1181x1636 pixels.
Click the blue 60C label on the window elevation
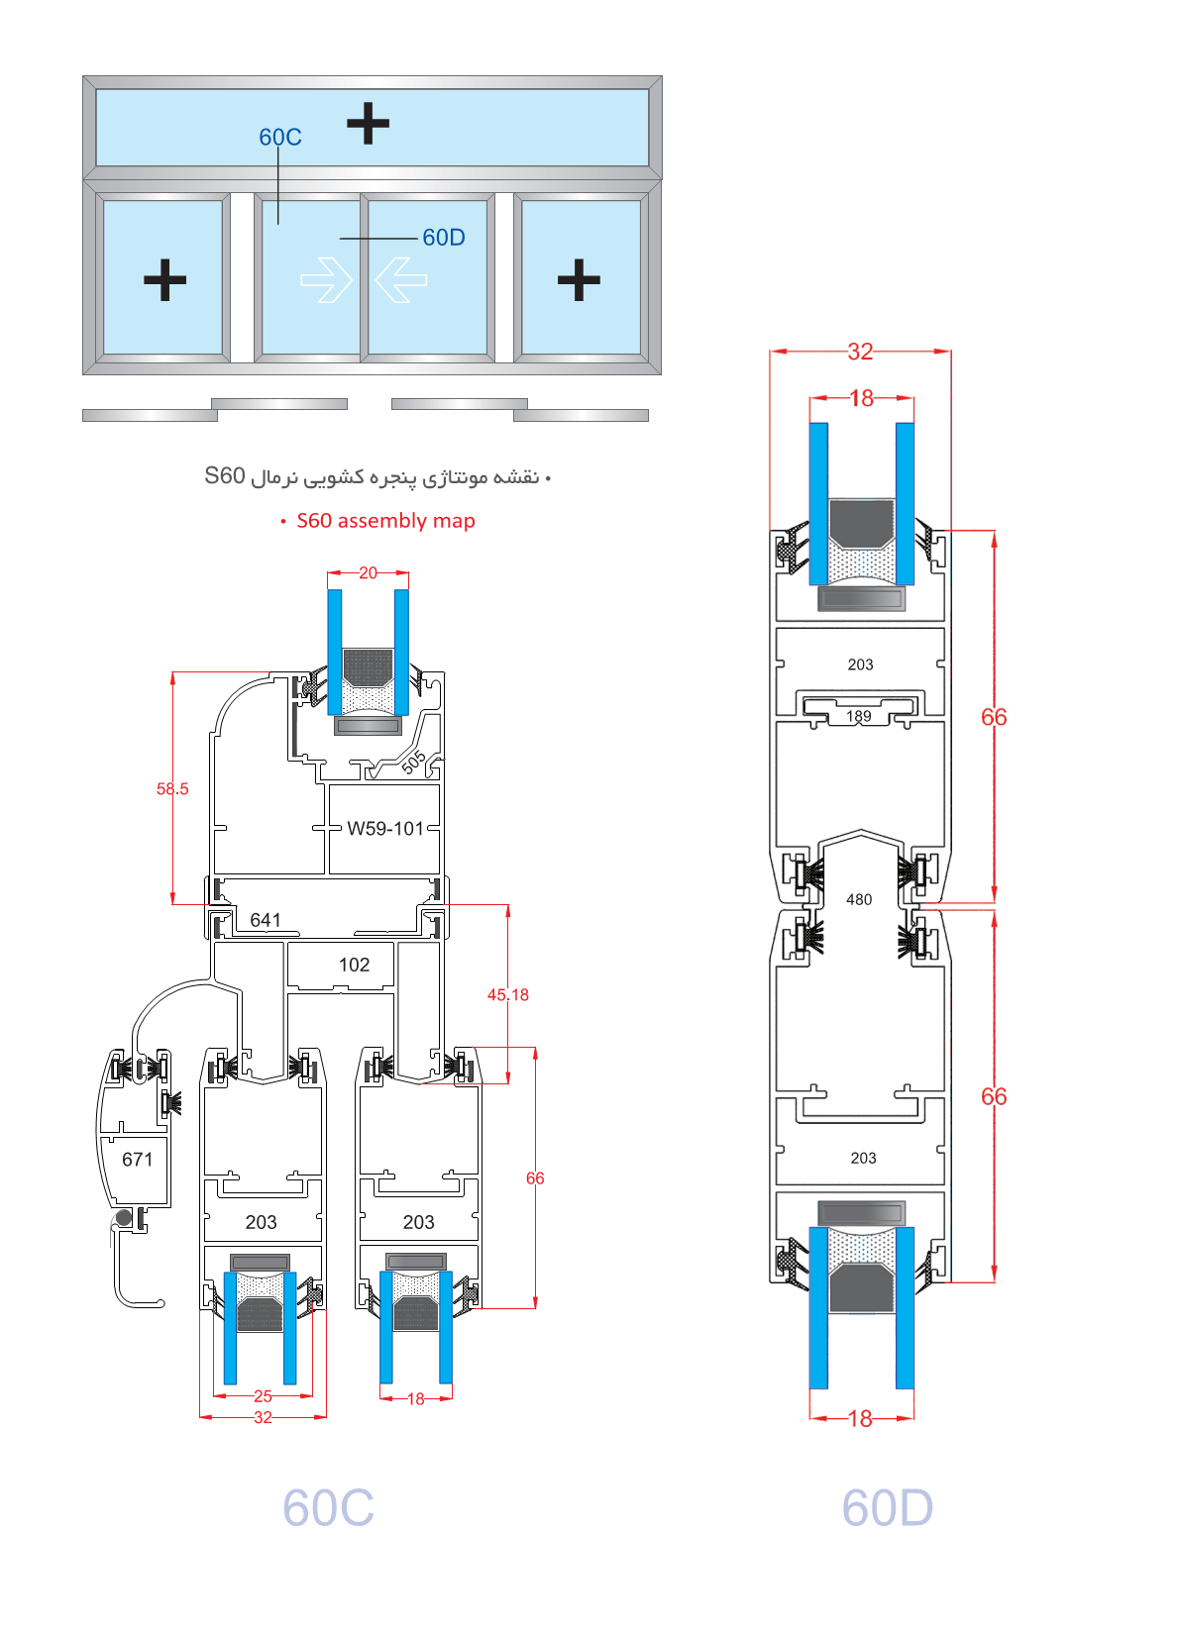(280, 137)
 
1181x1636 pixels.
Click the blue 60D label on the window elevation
(444, 238)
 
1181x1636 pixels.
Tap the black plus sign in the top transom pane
(368, 123)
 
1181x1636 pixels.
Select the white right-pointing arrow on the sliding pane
(326, 279)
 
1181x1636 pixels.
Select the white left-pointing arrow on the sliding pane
(401, 279)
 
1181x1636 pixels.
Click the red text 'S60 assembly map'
(385, 521)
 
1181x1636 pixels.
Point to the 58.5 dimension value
(172, 788)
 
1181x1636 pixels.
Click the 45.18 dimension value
(508, 994)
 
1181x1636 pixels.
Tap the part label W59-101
(385, 828)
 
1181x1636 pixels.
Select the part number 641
(266, 920)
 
